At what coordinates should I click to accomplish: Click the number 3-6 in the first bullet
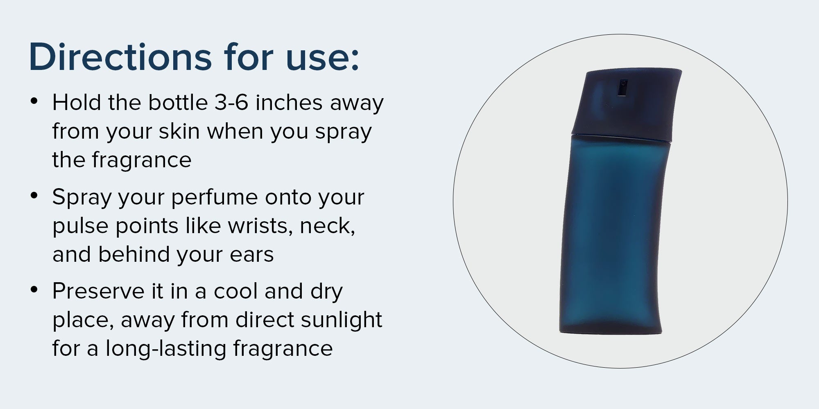(x=231, y=102)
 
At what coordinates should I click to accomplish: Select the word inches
(x=289, y=102)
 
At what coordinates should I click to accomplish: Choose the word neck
(x=328, y=226)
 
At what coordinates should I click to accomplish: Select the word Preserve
(x=98, y=291)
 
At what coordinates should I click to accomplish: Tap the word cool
(x=235, y=291)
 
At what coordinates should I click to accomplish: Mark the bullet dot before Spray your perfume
(x=34, y=195)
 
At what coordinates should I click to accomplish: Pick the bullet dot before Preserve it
(x=34, y=289)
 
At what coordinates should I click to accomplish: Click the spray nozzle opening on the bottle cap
(x=623, y=87)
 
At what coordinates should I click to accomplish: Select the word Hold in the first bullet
(x=77, y=102)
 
